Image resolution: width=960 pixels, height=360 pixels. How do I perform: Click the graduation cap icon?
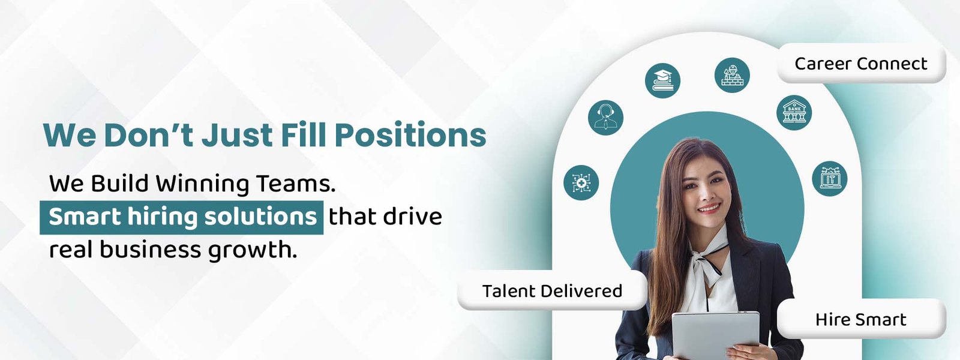(x=662, y=80)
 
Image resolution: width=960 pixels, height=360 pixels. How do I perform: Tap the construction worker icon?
(x=732, y=75)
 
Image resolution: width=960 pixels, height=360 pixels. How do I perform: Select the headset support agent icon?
(x=605, y=118)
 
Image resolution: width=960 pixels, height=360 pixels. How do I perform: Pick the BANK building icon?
(x=794, y=112)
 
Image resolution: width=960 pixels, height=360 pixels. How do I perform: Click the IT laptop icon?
(x=830, y=178)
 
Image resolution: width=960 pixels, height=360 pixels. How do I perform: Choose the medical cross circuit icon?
(x=581, y=182)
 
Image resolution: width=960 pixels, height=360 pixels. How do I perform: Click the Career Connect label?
(x=861, y=64)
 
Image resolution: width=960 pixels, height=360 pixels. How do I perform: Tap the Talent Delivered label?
(x=552, y=290)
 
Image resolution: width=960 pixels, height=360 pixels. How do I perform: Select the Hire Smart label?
(x=861, y=319)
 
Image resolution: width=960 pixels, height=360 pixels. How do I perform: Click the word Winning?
(x=202, y=184)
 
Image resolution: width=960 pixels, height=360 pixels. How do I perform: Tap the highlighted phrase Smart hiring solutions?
(x=182, y=217)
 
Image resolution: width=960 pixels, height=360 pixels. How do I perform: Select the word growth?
(x=253, y=250)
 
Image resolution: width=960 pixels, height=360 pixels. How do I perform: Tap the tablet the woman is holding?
(x=715, y=335)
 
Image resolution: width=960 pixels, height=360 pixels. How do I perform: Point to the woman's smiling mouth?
(x=710, y=208)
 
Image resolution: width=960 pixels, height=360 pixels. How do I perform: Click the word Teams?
(x=295, y=184)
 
